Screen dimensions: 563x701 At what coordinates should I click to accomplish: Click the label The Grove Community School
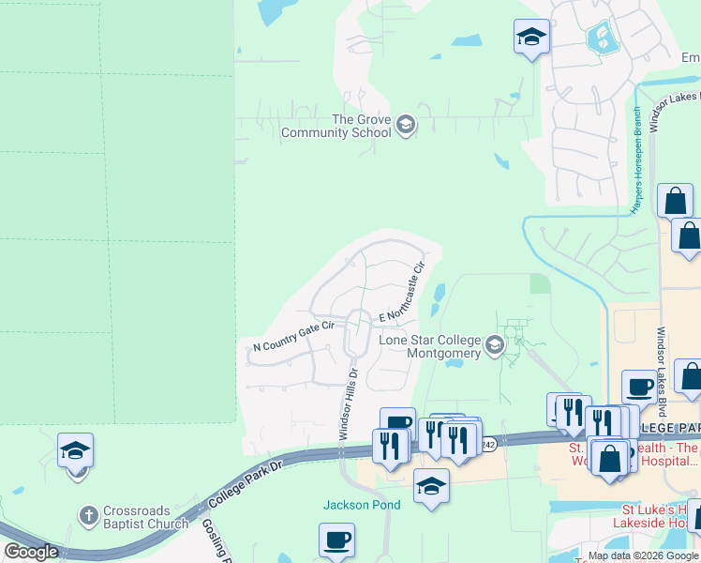(336, 126)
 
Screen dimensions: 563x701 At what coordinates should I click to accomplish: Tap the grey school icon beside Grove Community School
(405, 125)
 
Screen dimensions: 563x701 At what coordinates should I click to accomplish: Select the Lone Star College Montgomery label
(430, 346)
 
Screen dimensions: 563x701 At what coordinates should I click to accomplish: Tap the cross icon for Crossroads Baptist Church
(88, 515)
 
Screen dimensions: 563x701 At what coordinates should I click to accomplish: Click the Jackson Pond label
(362, 505)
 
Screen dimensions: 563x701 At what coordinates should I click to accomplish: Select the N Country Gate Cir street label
(294, 338)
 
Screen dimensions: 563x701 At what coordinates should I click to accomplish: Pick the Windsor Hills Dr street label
(347, 403)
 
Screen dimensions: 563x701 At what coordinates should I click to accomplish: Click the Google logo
(31, 552)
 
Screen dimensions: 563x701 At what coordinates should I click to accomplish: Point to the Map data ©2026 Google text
(642, 555)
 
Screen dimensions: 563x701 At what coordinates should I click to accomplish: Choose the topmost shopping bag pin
(676, 201)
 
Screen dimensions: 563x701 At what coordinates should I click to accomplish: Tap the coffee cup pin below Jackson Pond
(337, 540)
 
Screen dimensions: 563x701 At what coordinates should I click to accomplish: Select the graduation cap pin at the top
(531, 38)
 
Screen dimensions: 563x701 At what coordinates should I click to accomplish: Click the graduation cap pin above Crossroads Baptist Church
(75, 450)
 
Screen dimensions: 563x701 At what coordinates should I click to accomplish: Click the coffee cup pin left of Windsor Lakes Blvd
(639, 387)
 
